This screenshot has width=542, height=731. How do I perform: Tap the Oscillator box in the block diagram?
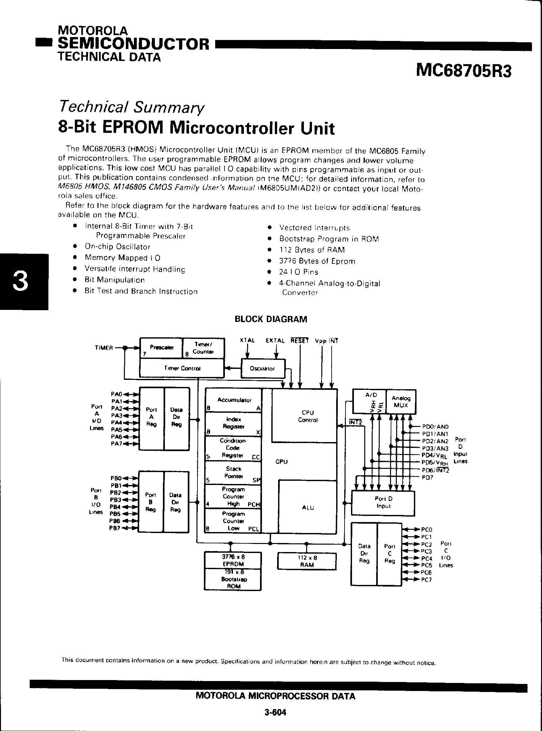click(263, 368)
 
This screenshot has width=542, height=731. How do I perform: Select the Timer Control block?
click(182, 368)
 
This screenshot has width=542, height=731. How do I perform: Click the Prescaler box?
click(161, 348)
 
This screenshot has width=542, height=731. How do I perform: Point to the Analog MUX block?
click(401, 401)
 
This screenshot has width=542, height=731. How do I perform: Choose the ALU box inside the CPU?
click(308, 508)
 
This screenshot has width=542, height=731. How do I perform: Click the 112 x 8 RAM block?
click(307, 561)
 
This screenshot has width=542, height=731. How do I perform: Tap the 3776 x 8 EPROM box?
click(233, 560)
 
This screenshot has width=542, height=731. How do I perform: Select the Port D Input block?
click(383, 502)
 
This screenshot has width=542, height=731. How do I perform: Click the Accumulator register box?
click(234, 400)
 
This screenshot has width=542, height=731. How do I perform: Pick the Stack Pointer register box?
click(233, 473)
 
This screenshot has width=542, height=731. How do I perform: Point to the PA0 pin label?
click(116, 394)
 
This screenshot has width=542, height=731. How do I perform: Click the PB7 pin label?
click(115, 528)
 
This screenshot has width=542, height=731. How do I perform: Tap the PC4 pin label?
click(427, 558)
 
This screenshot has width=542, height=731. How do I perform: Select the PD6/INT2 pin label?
click(435, 470)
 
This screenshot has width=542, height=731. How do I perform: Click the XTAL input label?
click(247, 341)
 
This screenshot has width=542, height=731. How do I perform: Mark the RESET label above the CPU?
click(299, 341)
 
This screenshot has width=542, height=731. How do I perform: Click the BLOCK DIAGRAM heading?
click(271, 319)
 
